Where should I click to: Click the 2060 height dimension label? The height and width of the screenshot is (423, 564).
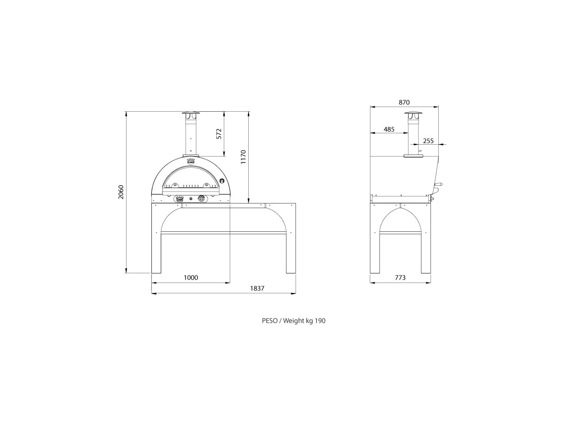point(121,192)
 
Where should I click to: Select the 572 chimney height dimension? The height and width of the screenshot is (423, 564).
point(218,134)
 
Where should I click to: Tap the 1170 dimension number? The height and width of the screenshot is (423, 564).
point(243,157)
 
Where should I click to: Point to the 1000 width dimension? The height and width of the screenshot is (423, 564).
point(191,277)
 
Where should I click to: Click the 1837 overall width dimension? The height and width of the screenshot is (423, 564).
point(257,288)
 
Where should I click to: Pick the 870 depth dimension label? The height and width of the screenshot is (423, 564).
point(404,102)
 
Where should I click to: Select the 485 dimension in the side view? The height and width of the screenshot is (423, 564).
point(389,129)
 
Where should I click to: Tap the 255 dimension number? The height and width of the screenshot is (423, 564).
point(428,141)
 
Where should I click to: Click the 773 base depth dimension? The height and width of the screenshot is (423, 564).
point(400,277)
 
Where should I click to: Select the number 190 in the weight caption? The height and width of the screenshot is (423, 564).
point(320,321)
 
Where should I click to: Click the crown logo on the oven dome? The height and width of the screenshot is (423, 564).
point(191,161)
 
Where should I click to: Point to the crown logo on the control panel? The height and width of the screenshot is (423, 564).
point(179,198)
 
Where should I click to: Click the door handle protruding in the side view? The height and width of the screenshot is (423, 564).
point(439,184)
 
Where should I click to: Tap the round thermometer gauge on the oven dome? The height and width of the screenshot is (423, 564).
point(222,180)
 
